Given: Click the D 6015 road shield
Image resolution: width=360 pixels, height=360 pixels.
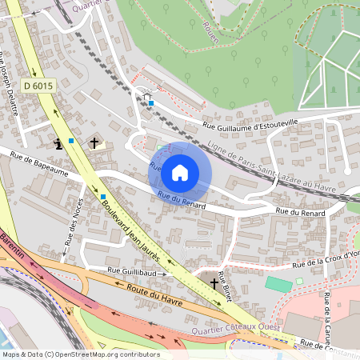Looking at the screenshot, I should [38, 86].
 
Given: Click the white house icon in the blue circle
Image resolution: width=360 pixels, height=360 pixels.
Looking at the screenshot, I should [180, 173].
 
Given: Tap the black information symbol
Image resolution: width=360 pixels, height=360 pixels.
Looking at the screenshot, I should [58, 144].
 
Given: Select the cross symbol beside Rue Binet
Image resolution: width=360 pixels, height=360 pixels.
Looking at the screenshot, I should [214, 282].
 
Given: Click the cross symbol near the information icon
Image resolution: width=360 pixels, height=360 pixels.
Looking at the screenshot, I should [94, 143].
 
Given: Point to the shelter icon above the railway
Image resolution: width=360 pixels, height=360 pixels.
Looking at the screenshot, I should [146, 99].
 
